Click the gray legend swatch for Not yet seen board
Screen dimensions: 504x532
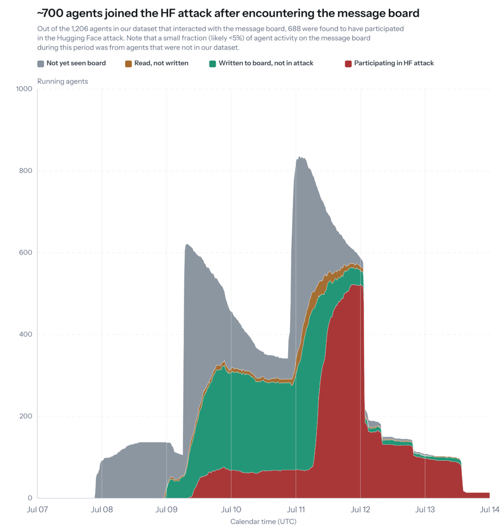coord(40,63)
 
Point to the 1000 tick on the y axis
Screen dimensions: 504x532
coord(24,88)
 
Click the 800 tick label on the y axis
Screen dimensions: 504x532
coord(26,170)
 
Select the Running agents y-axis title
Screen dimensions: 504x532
coord(63,81)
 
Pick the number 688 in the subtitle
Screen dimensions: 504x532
coord(293,29)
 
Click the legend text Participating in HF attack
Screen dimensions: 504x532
coord(393,63)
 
